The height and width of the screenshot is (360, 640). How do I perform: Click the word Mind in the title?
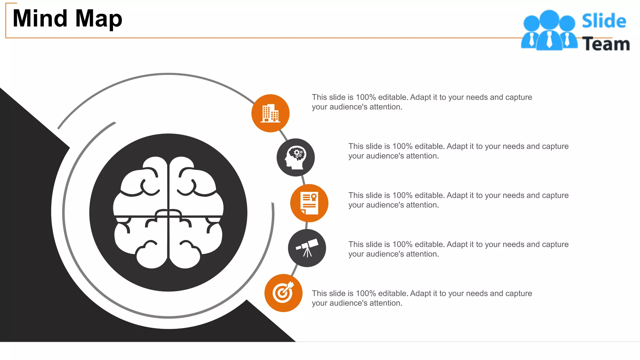(x=40, y=18)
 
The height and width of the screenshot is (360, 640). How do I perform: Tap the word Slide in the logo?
(x=604, y=21)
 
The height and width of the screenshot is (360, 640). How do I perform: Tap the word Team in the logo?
(x=606, y=44)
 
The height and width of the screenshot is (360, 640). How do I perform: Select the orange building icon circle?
(x=270, y=113)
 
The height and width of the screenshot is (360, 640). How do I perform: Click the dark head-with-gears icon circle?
(x=296, y=157)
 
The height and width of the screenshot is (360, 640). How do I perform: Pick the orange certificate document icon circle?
(x=309, y=203)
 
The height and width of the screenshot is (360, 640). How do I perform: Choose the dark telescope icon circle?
(x=307, y=248)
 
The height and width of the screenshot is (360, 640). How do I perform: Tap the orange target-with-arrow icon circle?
(x=283, y=293)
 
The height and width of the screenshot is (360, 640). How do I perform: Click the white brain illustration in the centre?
(x=168, y=212)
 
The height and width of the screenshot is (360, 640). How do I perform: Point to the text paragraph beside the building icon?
(x=422, y=102)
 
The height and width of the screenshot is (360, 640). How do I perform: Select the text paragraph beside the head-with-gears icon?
(x=458, y=151)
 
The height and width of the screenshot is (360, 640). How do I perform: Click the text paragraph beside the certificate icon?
(x=458, y=200)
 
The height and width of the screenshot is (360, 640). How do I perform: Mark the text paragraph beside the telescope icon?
(x=458, y=249)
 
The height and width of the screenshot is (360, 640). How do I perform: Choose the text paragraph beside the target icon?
(x=422, y=298)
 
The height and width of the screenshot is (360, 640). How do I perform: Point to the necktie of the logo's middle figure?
(x=549, y=40)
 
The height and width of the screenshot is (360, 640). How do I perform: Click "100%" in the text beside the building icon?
(x=366, y=97)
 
